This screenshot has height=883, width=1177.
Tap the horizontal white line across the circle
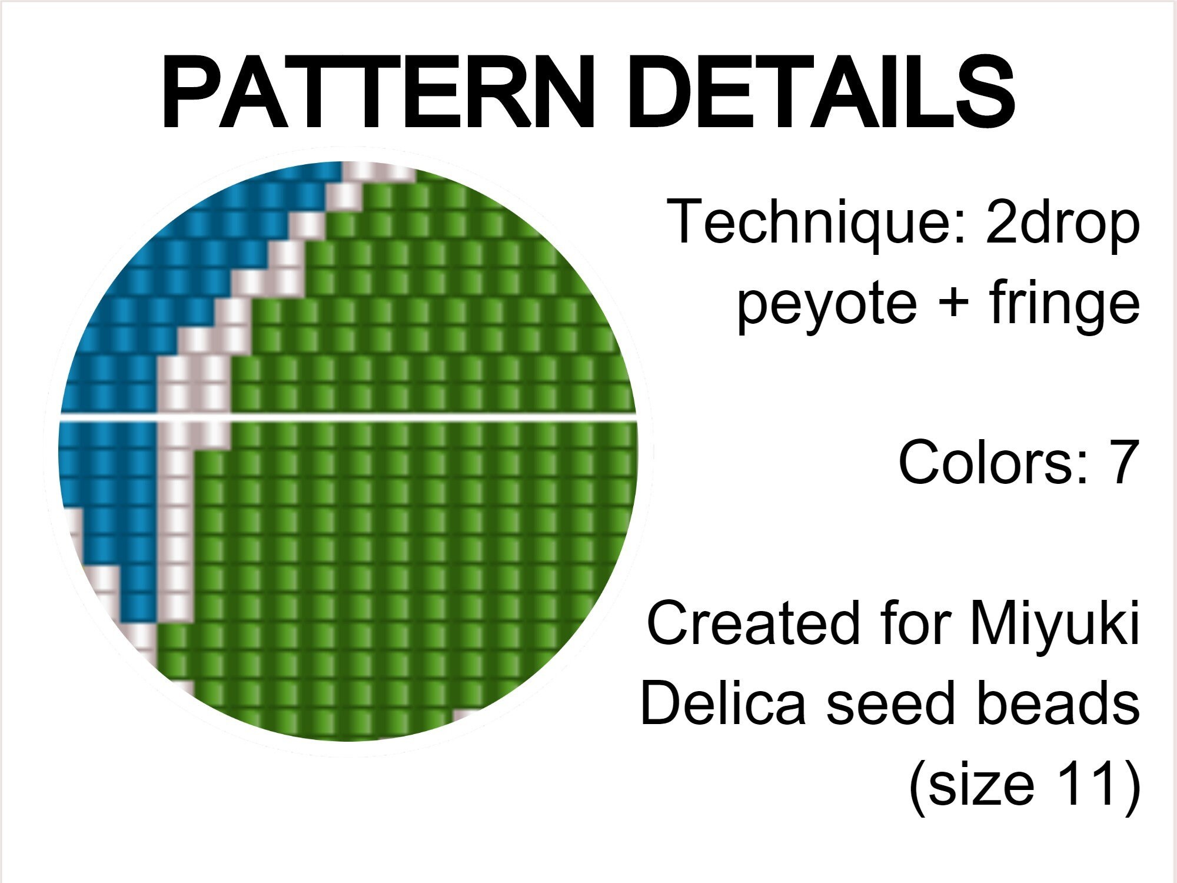coord(412,417)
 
